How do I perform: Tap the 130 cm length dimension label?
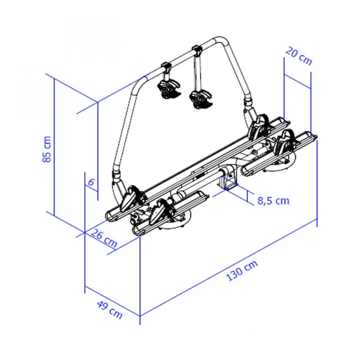242,271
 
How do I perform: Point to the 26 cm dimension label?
104,238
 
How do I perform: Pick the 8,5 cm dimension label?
273,201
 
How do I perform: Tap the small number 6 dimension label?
91,182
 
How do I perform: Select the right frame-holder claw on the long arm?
201,99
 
